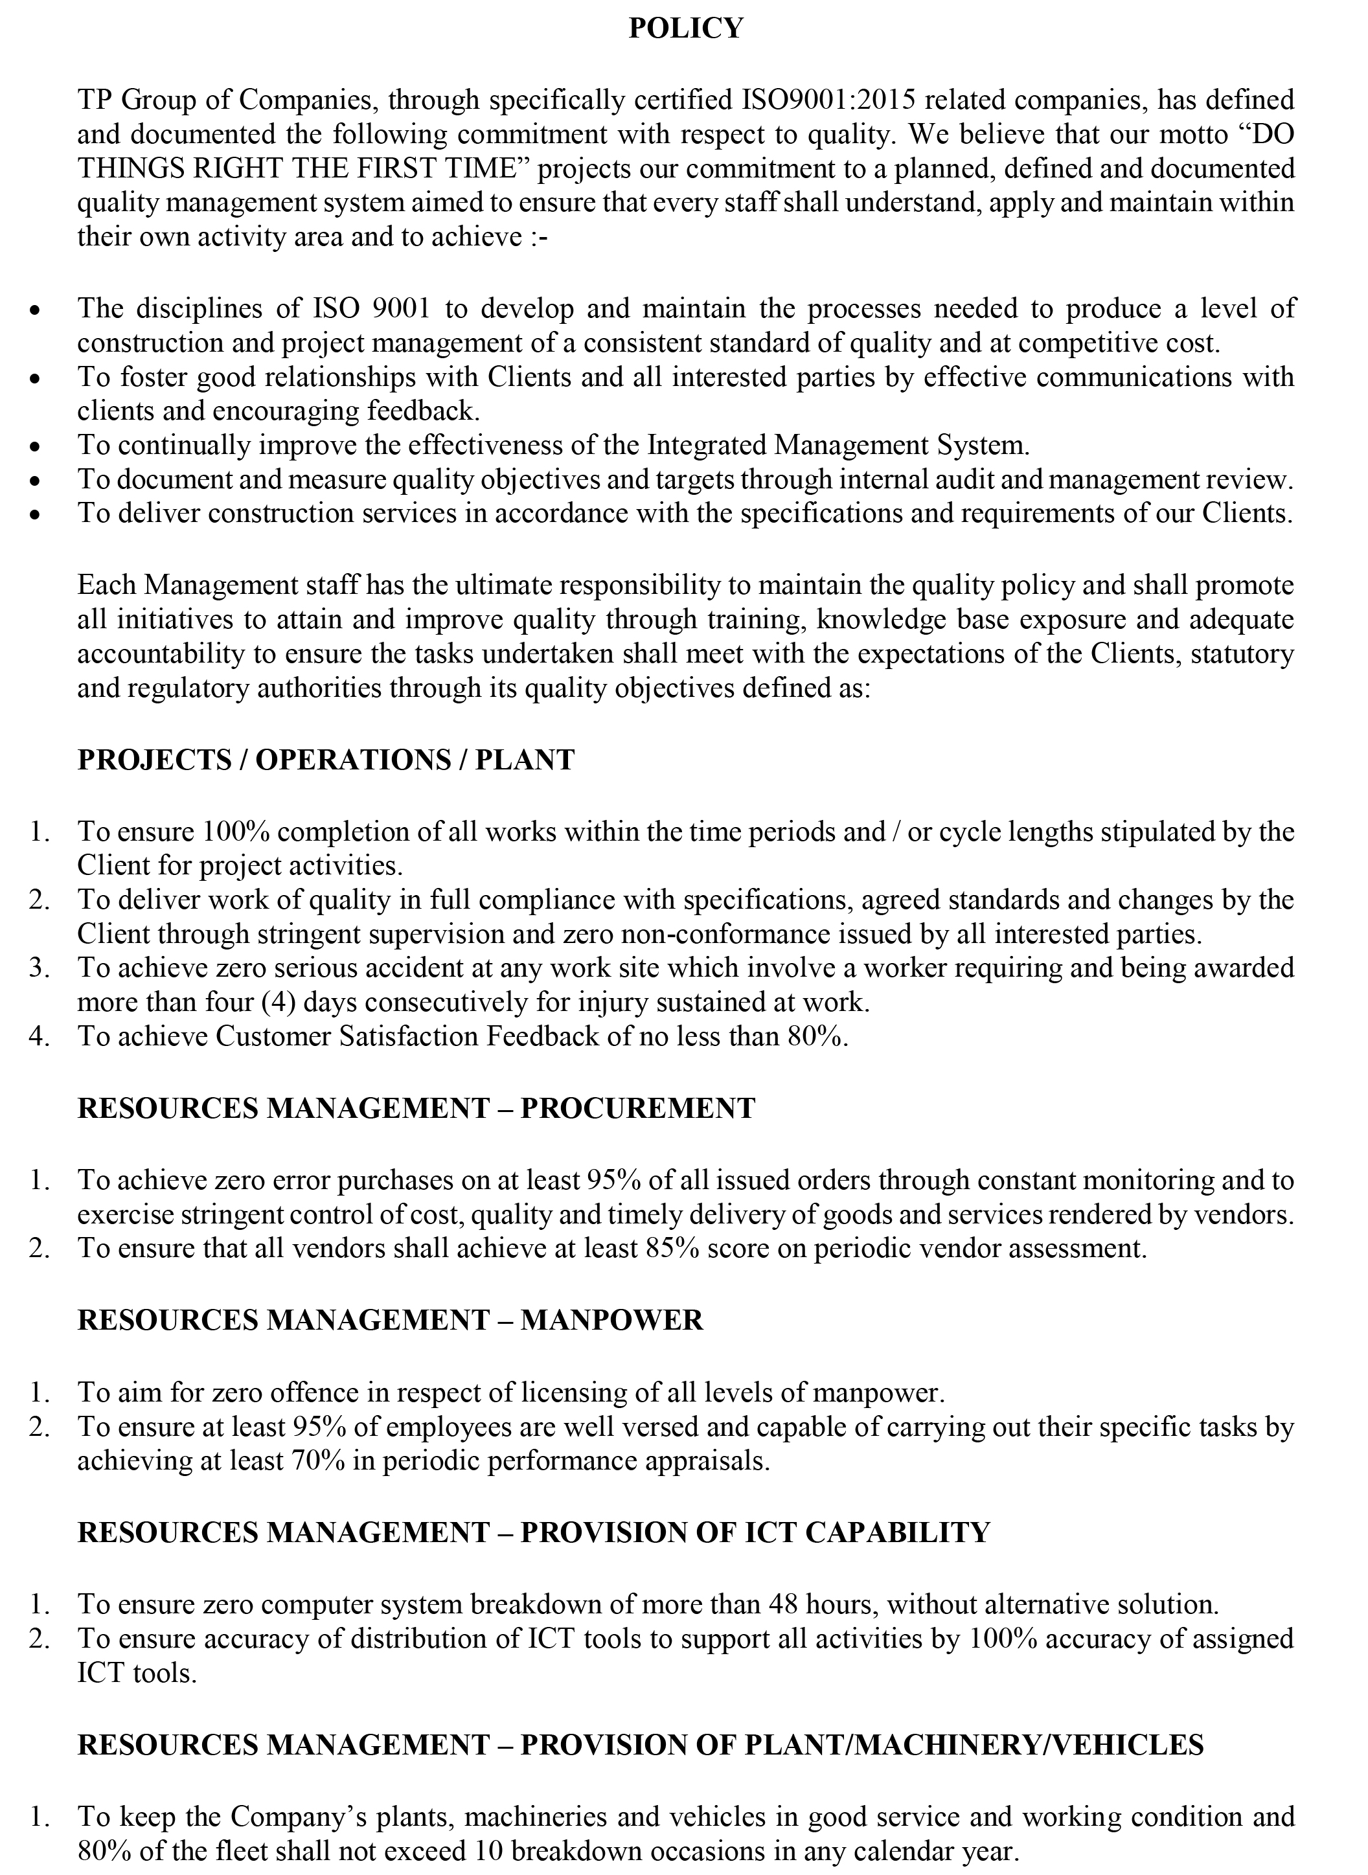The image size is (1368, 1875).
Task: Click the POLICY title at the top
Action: [686, 29]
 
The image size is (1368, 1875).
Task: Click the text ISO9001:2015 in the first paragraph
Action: [827, 100]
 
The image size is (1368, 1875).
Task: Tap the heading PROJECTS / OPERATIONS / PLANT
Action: [325, 760]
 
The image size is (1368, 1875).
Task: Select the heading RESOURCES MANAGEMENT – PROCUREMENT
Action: [416, 1108]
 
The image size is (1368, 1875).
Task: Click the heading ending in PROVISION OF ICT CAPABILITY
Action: [533, 1532]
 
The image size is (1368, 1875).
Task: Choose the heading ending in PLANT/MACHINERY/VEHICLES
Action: [640, 1744]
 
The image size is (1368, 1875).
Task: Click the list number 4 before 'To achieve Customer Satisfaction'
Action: [38, 1036]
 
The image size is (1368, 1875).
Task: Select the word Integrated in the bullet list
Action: [707, 446]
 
